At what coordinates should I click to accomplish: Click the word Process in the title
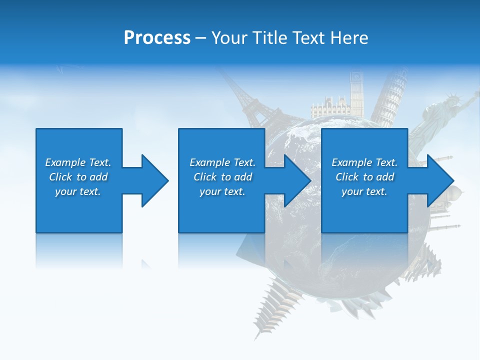click(x=157, y=38)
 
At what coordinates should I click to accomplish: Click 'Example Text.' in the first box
click(x=78, y=162)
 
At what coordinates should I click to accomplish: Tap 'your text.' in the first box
click(x=78, y=191)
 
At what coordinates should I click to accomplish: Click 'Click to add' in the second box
click(x=222, y=177)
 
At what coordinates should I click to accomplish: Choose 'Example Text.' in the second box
click(x=222, y=162)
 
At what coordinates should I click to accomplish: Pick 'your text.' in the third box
click(x=364, y=191)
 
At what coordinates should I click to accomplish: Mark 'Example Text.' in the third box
click(x=364, y=162)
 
